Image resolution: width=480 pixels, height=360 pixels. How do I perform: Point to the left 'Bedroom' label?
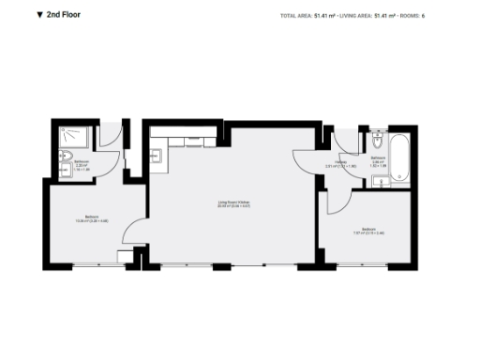[92, 218]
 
